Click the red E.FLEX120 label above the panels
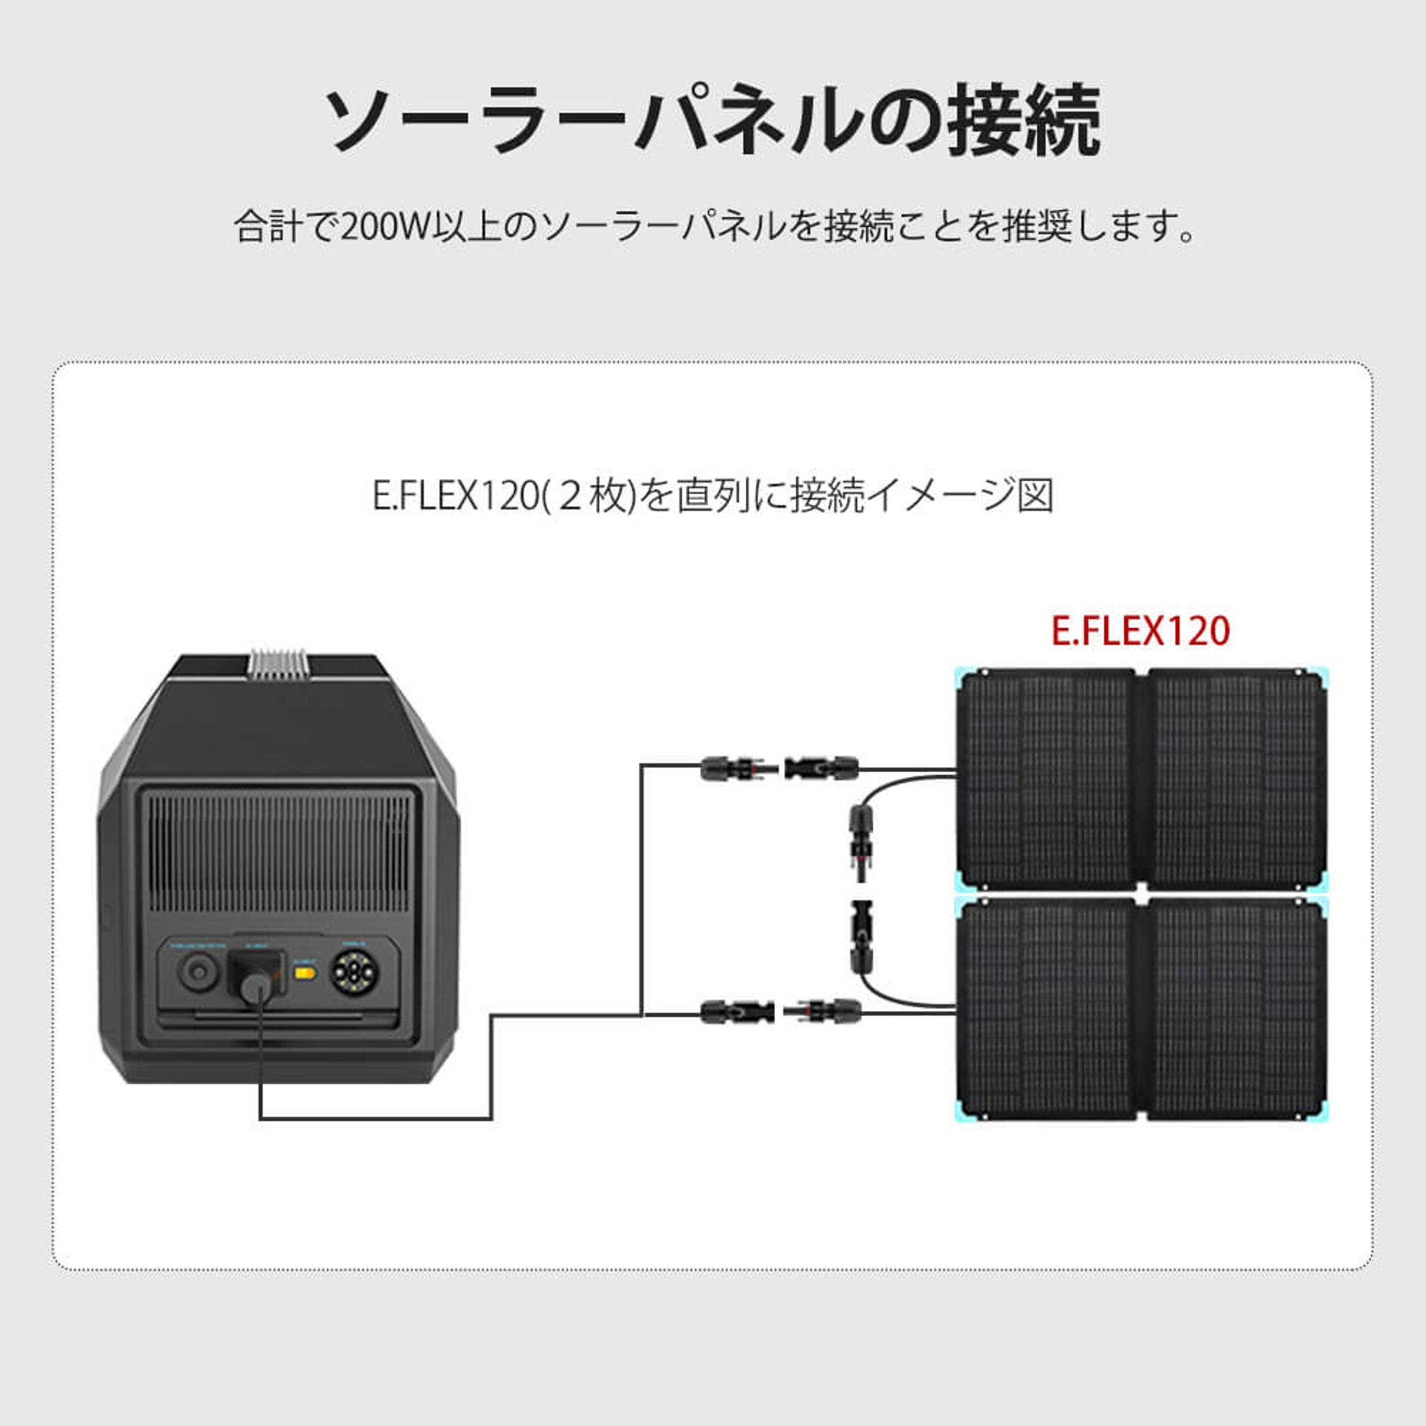1141,631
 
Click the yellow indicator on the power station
305,973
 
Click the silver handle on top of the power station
278,664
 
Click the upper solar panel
1141,778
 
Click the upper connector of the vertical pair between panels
861,841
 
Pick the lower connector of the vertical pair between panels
861,935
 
